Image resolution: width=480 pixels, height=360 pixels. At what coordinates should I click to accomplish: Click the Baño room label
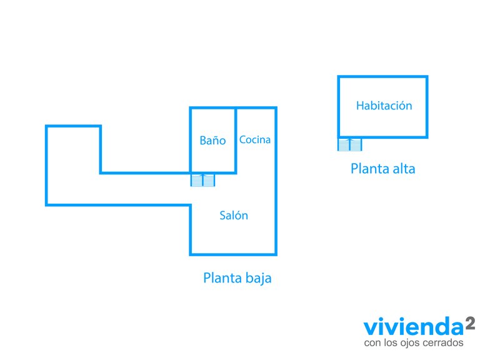coord(212,141)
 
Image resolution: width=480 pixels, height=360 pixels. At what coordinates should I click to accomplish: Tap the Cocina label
coord(255,139)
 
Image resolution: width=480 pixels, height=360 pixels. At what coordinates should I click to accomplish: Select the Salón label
coord(234,215)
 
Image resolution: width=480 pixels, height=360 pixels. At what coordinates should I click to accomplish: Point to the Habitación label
coord(384,106)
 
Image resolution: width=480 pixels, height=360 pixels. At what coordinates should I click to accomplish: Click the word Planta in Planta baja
coord(222,278)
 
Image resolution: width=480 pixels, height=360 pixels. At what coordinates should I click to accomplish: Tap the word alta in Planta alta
coord(404,169)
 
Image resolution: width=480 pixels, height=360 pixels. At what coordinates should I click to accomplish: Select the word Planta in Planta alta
coord(369,169)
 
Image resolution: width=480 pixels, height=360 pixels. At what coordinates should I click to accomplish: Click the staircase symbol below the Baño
coord(202,180)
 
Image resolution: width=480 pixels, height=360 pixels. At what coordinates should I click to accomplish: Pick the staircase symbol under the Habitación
coord(350,144)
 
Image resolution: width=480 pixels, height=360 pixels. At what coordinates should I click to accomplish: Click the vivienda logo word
coord(414,326)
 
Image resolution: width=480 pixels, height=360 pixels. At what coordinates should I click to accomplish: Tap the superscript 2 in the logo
coord(470,323)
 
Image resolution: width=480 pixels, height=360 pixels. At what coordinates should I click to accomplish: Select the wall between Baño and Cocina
coord(236,140)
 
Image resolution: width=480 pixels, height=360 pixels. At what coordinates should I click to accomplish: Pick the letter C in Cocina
coord(242,139)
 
